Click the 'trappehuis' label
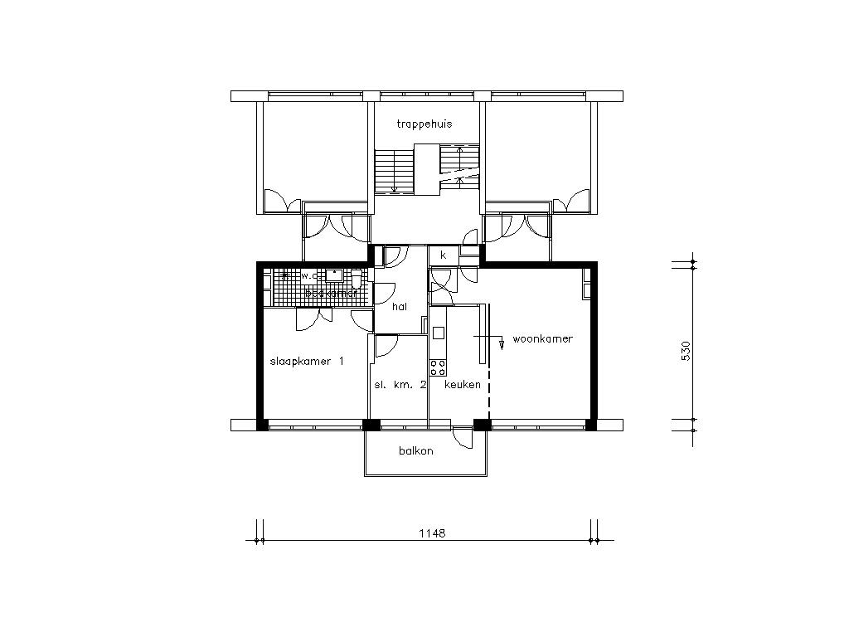pyautogui.click(x=424, y=124)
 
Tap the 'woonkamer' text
pyautogui.click(x=542, y=339)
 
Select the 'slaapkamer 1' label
pyautogui.click(x=307, y=362)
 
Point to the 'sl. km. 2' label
pyautogui.click(x=400, y=385)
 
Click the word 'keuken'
pyautogui.click(x=463, y=385)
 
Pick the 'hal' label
pyautogui.click(x=400, y=306)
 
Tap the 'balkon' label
pyautogui.click(x=415, y=450)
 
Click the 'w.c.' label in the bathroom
pyautogui.click(x=308, y=275)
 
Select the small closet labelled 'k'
pyautogui.click(x=444, y=255)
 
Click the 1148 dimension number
pyautogui.click(x=432, y=533)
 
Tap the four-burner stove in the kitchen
pyautogui.click(x=438, y=366)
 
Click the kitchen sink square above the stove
pyautogui.click(x=438, y=333)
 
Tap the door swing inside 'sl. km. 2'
pyautogui.click(x=386, y=346)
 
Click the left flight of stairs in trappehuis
pyautogui.click(x=386, y=172)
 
